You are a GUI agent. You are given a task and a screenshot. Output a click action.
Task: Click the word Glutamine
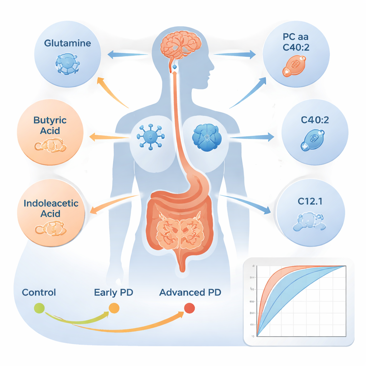coord(67,43)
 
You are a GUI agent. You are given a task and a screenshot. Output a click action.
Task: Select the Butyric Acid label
coord(50,125)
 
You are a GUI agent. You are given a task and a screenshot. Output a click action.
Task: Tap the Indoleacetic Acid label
coord(50,208)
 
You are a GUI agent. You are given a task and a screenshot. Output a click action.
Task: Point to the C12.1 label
coord(310,201)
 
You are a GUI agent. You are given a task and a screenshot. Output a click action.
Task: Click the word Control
coord(39,292)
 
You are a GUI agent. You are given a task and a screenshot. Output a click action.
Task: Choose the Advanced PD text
coord(190,292)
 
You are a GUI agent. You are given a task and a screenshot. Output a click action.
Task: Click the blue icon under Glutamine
coord(68,64)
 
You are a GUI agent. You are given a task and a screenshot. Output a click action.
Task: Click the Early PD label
coord(113,292)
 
